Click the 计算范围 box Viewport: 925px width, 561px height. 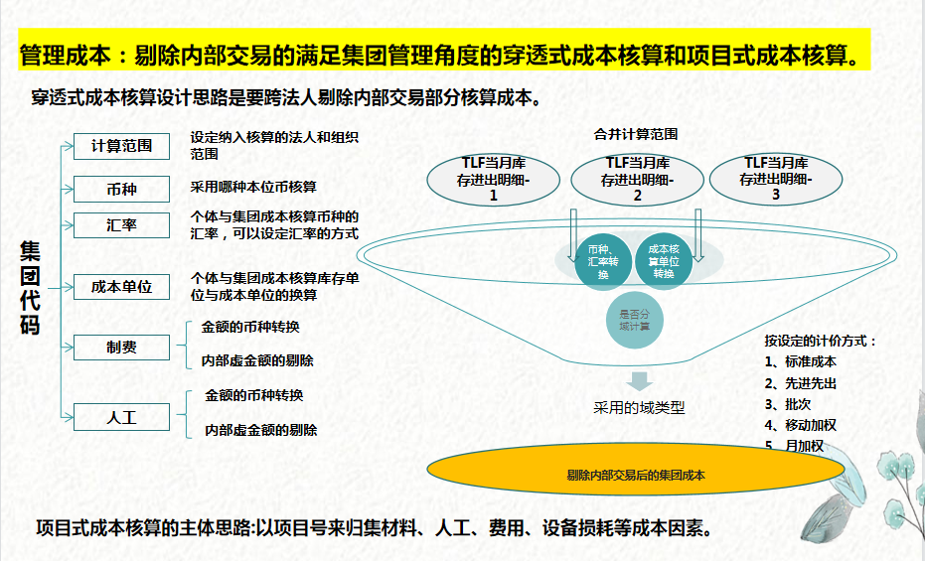122,145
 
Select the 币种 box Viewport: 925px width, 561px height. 122,189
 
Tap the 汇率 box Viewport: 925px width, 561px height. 122,225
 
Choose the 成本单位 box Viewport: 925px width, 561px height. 122,286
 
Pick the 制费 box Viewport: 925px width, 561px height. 122,348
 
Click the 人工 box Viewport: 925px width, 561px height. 122,417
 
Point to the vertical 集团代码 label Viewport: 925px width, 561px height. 31,288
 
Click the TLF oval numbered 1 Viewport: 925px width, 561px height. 494,179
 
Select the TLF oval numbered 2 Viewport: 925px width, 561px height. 637,179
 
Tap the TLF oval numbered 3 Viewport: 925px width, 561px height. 775,179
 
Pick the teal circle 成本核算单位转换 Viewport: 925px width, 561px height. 664,260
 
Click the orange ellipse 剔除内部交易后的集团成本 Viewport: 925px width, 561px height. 636,476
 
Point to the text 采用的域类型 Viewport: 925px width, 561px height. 639,407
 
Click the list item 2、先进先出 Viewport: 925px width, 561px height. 801,383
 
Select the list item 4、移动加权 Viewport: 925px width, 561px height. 801,425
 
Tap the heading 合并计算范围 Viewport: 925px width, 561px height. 636,134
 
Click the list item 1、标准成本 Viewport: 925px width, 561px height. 801,361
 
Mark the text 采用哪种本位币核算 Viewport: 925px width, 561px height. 253,187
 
